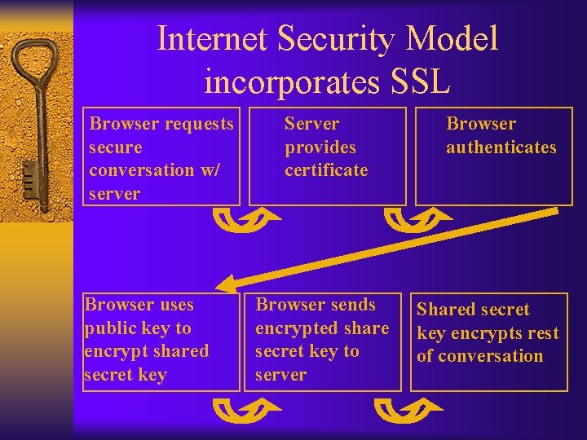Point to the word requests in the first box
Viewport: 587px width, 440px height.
click(200, 124)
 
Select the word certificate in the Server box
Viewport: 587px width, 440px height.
click(326, 170)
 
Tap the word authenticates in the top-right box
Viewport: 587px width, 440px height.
click(501, 147)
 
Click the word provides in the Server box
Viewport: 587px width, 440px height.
click(320, 147)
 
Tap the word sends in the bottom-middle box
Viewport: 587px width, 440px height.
click(351, 305)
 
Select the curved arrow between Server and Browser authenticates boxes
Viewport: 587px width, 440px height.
click(413, 218)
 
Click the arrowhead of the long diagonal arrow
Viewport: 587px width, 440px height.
click(231, 283)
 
